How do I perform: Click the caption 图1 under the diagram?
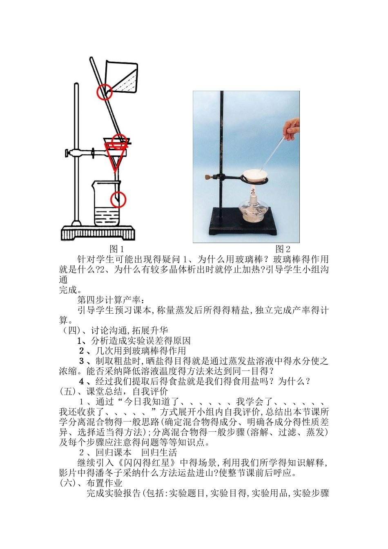click(x=117, y=249)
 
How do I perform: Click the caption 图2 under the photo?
click(x=283, y=249)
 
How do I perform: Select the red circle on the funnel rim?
click(x=119, y=141)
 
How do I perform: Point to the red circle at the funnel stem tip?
click(x=118, y=199)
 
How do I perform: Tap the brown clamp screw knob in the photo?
click(x=207, y=177)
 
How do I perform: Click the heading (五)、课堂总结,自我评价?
click(x=113, y=392)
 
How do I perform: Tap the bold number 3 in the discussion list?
click(x=81, y=361)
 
